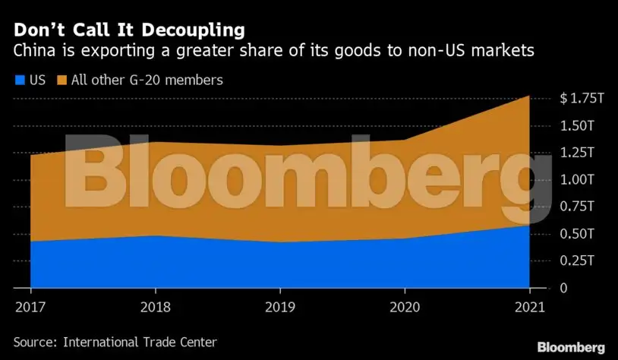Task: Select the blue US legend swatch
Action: click(18, 80)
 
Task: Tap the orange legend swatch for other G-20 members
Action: click(61, 80)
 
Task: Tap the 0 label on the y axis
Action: click(564, 289)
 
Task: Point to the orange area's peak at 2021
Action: click(528, 97)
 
